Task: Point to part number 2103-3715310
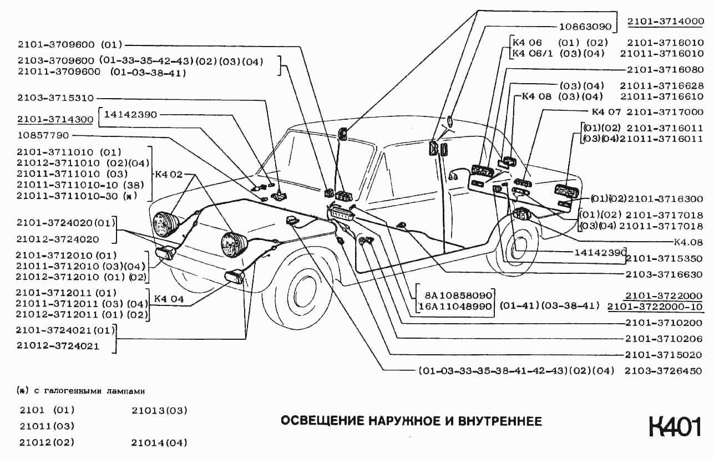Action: (x=55, y=97)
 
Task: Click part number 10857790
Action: (x=43, y=135)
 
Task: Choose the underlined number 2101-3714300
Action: (x=55, y=119)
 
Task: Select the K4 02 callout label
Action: (x=169, y=174)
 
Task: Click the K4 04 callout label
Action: (x=169, y=299)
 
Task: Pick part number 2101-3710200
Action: (x=664, y=323)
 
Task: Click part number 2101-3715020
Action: (x=664, y=355)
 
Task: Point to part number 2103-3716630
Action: (x=664, y=274)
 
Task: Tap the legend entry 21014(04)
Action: (x=159, y=442)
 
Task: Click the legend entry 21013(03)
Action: (x=159, y=411)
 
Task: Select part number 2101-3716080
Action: (x=666, y=70)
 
